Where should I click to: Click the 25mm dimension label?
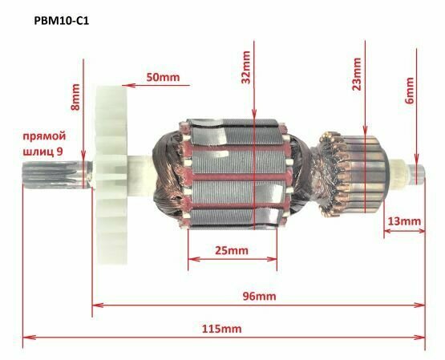pos(232,250)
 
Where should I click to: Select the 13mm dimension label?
pos(403,220)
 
